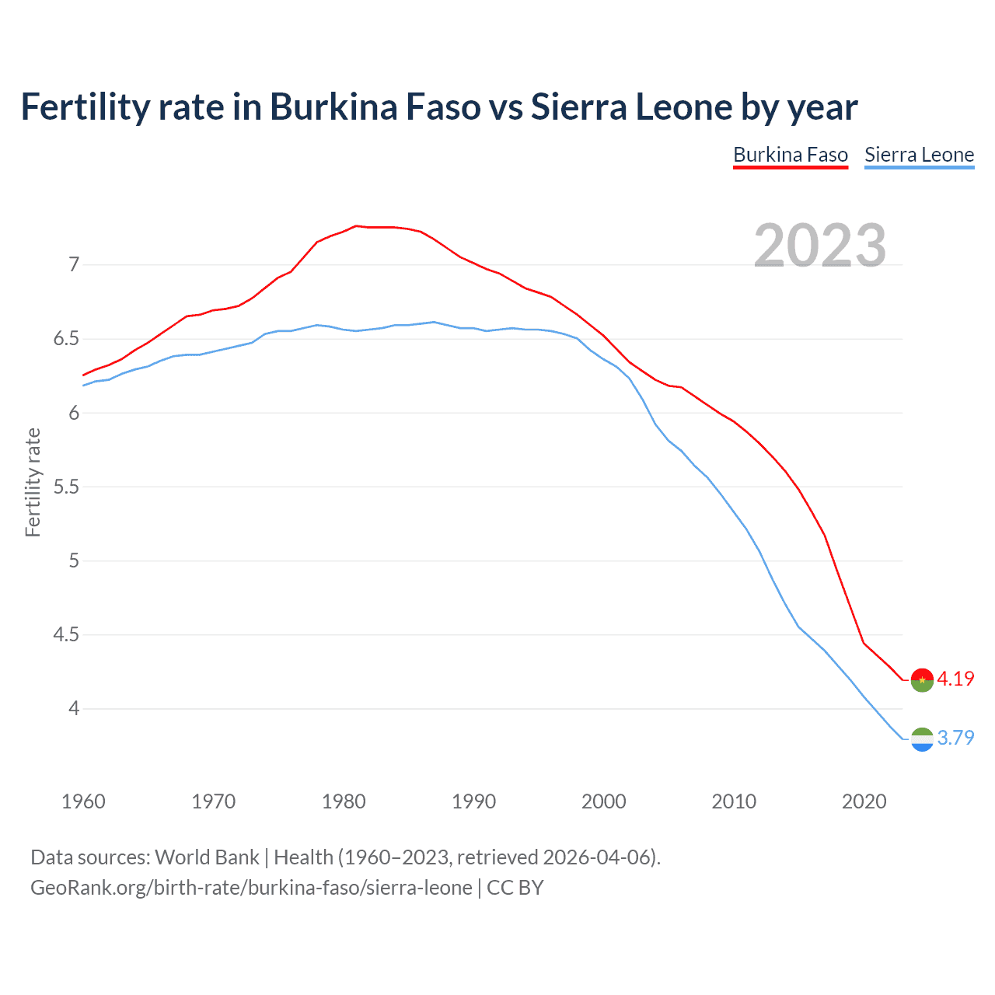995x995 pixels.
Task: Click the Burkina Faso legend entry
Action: (x=791, y=155)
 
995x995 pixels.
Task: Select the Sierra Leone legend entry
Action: (x=919, y=155)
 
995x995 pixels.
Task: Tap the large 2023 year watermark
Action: (x=820, y=246)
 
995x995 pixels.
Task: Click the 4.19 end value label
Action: (x=955, y=679)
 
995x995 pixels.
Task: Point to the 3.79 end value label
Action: (x=955, y=738)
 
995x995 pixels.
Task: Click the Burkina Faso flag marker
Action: (x=922, y=679)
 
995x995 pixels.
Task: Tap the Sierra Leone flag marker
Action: (x=922, y=739)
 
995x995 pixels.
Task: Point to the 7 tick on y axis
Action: (x=74, y=265)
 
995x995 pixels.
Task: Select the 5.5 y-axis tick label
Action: (x=66, y=487)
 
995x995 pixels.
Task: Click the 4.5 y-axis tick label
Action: (x=66, y=635)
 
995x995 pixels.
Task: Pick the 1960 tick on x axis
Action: (x=83, y=801)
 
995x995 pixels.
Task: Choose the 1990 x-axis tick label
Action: (x=473, y=801)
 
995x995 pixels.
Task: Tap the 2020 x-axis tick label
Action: (x=864, y=801)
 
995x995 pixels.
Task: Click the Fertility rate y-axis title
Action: (x=33, y=482)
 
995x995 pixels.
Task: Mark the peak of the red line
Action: (x=356, y=226)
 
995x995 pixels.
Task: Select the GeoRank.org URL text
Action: (x=251, y=888)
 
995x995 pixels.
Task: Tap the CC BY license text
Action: (x=515, y=888)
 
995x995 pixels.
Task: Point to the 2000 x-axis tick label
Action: (x=603, y=801)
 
